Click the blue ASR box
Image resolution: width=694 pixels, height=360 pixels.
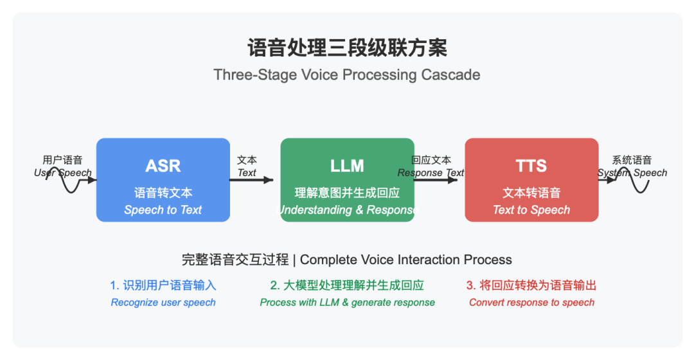(163, 180)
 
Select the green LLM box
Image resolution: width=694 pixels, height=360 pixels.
(348, 180)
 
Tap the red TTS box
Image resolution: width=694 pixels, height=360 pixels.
(531, 180)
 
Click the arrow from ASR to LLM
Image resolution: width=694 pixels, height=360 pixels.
(251, 180)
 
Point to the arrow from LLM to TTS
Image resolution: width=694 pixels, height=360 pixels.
(436, 180)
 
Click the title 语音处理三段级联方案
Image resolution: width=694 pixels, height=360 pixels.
(347, 48)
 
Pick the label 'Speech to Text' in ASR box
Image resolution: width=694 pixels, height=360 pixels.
(163, 210)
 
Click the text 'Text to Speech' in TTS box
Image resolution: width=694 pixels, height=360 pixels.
(531, 210)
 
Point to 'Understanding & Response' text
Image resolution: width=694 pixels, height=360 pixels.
(348, 210)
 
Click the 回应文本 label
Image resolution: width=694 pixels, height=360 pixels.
(431, 160)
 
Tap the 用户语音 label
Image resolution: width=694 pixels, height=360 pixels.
(62, 160)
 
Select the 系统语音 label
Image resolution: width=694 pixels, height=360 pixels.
(632, 160)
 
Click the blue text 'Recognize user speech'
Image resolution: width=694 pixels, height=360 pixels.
(163, 302)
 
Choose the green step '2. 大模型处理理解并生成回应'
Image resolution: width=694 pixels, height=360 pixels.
(347, 285)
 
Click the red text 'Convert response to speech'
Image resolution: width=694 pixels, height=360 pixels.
(531, 302)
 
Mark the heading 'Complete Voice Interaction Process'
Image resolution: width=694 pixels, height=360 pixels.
(406, 260)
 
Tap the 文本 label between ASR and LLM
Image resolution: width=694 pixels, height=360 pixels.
(247, 160)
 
